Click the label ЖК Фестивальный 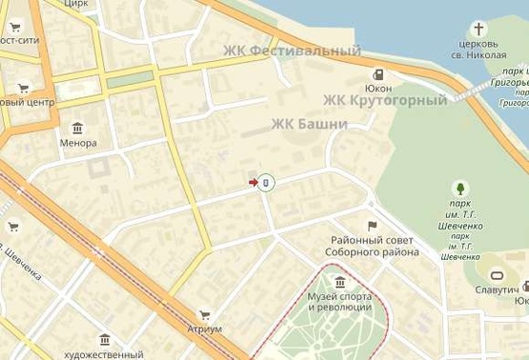pos(292,50)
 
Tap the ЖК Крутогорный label pos(384,100)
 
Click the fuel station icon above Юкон pos(379,75)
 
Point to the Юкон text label pos(379,89)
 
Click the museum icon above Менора pos(77,129)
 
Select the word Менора pos(77,143)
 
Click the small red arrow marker pos(254,182)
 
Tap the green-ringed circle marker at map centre pos(268,182)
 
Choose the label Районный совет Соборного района pos(374,246)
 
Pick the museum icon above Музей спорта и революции pos(340,281)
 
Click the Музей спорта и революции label pos(339,302)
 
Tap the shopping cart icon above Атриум pos(204,315)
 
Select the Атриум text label pos(204,329)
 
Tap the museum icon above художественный pos(105,340)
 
